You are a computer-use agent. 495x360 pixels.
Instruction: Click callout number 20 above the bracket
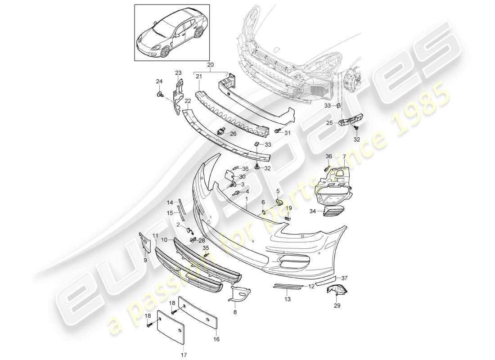(210, 65)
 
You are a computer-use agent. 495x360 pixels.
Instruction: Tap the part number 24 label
(159, 81)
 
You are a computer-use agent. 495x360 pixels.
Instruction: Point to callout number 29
(337, 306)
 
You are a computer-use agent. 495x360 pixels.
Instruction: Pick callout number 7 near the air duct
(345, 157)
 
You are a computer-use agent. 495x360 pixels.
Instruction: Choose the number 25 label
(330, 123)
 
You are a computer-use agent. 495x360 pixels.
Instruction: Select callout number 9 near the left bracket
(145, 260)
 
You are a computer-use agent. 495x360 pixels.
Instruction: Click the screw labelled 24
(160, 94)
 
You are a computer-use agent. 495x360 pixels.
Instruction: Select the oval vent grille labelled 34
(333, 211)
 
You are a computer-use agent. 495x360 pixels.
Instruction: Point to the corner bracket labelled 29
(337, 290)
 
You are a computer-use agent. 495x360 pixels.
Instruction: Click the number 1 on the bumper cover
(246, 198)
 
